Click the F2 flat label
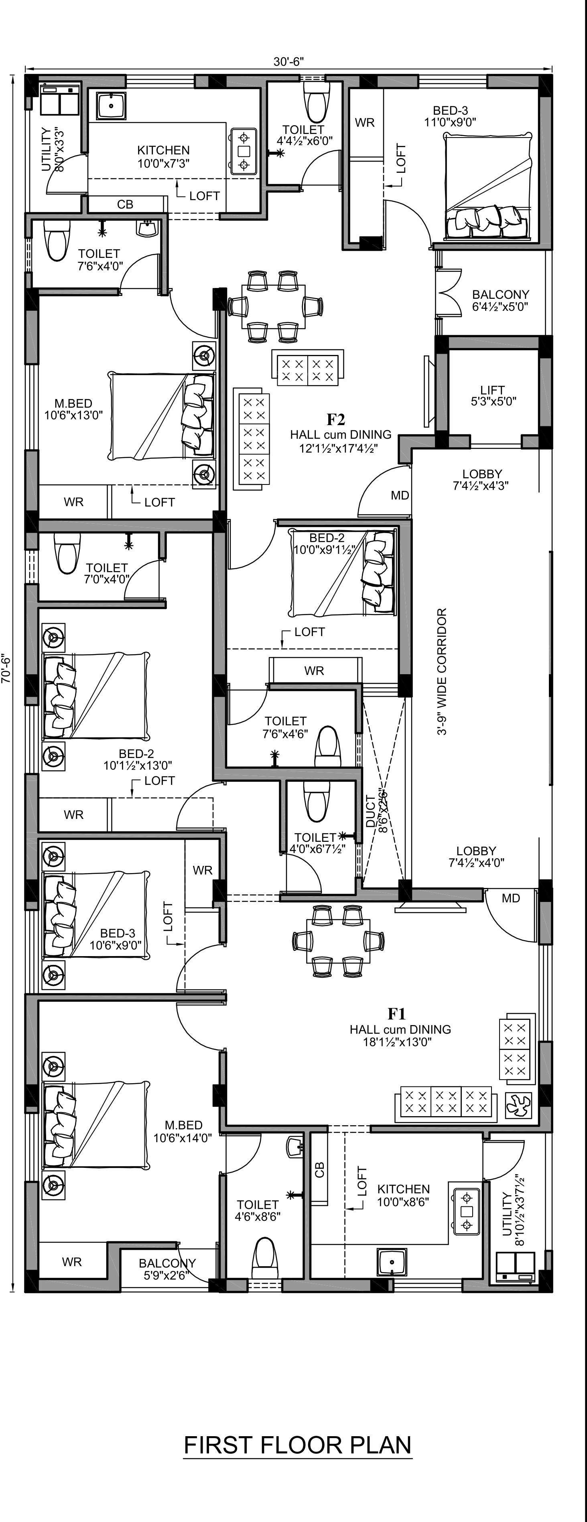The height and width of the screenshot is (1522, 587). point(336,420)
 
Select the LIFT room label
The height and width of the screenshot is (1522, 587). point(492,390)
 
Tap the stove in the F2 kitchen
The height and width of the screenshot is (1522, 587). point(243,151)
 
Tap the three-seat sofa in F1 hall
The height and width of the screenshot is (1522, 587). point(446,1102)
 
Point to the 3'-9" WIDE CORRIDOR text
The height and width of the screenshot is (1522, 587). point(442,672)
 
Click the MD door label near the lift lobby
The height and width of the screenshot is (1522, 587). point(400,495)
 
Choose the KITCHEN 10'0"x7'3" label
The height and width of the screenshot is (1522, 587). point(163,156)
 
